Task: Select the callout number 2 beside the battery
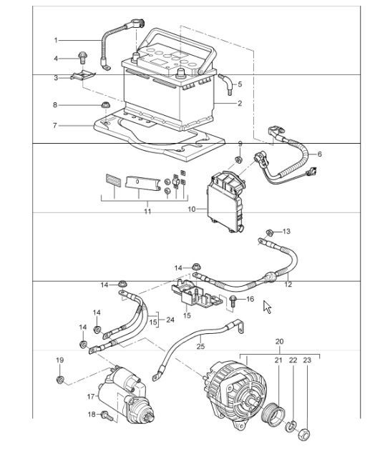[x=240, y=104]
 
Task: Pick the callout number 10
[x=191, y=209]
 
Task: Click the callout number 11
[x=147, y=212]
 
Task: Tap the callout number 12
[x=288, y=284]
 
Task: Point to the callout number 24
[x=170, y=320]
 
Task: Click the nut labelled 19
[x=60, y=380]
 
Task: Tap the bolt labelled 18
[x=106, y=415]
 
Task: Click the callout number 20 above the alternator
[x=279, y=342]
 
